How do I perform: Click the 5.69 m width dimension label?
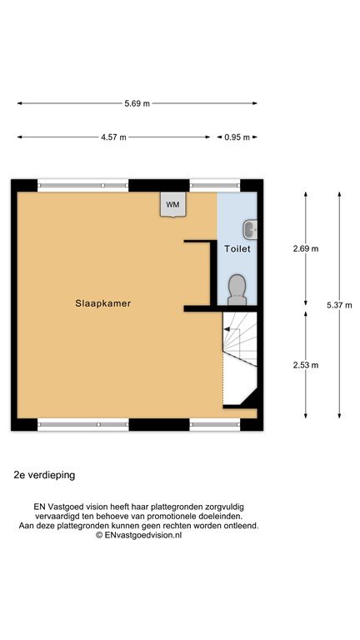[x=137, y=103]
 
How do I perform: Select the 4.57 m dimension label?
[x=113, y=137]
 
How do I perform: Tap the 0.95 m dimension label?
[x=237, y=137]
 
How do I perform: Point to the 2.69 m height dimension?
[x=306, y=248]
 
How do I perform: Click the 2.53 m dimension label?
[x=306, y=365]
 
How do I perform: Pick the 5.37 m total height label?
[x=339, y=305]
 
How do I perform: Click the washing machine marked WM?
[x=172, y=204]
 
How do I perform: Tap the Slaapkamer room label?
[x=102, y=303]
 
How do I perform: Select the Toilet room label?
[x=237, y=248]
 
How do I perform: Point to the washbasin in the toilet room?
[x=250, y=229]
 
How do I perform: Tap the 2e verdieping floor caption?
[x=44, y=475]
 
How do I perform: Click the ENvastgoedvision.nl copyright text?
[x=139, y=535]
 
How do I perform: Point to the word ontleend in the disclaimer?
[x=242, y=526]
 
